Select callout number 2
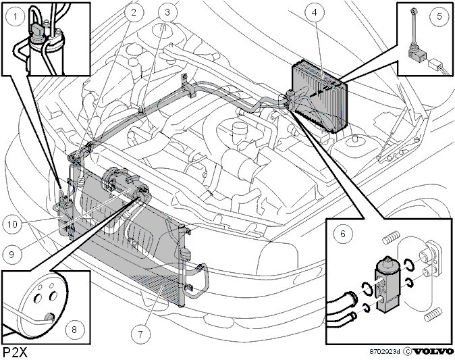pyautogui.click(x=134, y=11)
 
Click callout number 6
pyautogui.click(x=343, y=234)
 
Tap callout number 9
pyautogui.click(x=11, y=254)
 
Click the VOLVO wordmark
pyautogui.click(x=433, y=352)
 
